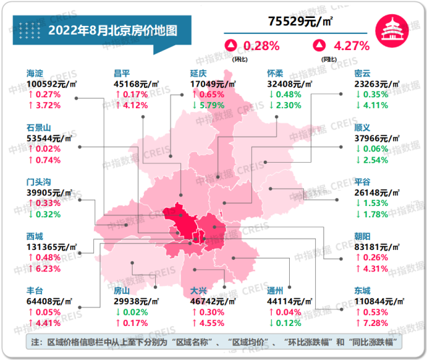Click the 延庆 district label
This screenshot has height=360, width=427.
(x=199, y=73)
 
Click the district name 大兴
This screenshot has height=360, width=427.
(x=199, y=291)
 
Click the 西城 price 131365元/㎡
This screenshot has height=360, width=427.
(x=52, y=247)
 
